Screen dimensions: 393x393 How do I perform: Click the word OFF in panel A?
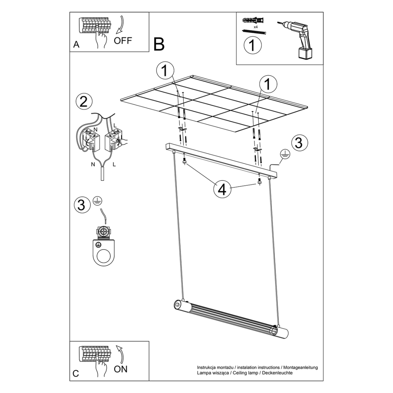pos(123,40)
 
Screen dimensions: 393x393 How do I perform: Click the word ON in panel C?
pos(121,369)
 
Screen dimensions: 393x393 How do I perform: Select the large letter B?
pos(159,44)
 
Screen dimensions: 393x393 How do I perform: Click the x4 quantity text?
pos(255,27)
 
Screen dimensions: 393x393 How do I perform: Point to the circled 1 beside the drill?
pos(253,46)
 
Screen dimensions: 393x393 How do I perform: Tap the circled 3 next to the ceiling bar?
pos(298,143)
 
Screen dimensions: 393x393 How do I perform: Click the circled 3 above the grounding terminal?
pos(82,205)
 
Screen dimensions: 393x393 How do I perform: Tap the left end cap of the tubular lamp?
pos(178,304)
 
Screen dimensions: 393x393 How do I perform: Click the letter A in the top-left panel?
pos(76,44)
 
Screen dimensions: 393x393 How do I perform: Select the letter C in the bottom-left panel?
pos(76,373)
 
